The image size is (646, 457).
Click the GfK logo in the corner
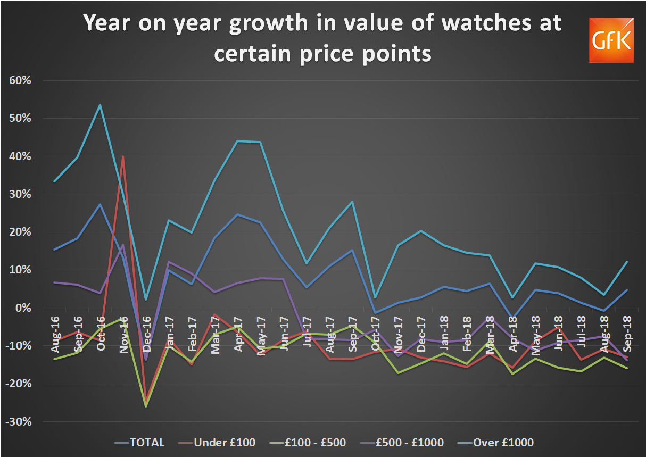click(x=611, y=40)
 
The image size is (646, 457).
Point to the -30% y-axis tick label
click(x=19, y=422)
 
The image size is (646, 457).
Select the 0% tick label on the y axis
click(x=24, y=308)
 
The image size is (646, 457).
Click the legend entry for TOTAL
click(x=139, y=443)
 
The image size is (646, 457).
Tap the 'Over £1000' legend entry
click(x=499, y=443)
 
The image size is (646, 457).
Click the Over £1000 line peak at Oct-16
click(x=100, y=105)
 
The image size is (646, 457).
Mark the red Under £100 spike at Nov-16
click(x=123, y=156)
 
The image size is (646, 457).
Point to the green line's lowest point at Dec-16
click(x=146, y=406)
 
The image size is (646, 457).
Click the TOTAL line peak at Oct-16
click(x=100, y=204)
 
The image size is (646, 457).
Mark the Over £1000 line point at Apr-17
click(x=237, y=141)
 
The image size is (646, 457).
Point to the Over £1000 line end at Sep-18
click(x=626, y=262)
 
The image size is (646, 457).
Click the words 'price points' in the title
click(x=322, y=53)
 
